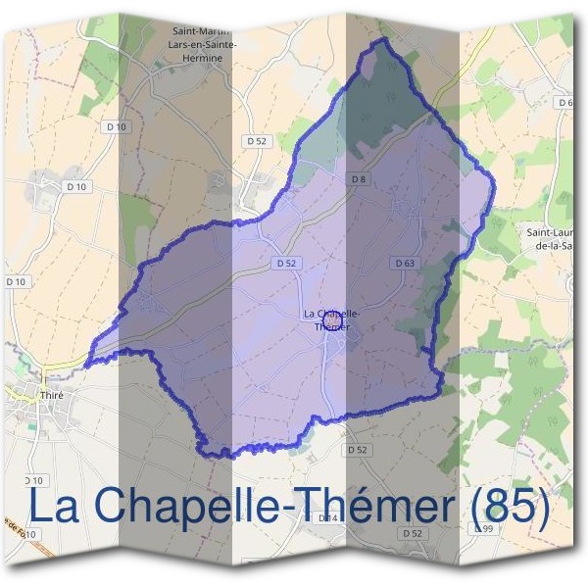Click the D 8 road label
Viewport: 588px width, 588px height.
click(359, 178)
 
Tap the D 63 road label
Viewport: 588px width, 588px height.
click(405, 263)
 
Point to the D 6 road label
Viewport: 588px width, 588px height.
click(564, 102)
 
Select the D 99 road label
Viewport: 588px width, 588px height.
click(482, 528)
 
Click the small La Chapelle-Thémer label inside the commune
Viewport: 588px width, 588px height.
click(331, 319)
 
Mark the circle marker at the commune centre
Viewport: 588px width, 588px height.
click(333, 318)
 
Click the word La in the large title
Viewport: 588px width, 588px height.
click(53, 506)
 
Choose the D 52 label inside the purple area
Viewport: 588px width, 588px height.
click(286, 263)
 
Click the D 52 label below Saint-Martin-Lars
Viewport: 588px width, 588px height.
click(257, 141)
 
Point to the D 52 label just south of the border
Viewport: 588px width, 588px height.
click(358, 449)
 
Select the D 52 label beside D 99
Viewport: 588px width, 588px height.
click(413, 533)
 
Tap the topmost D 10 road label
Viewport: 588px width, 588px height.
click(116, 126)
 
